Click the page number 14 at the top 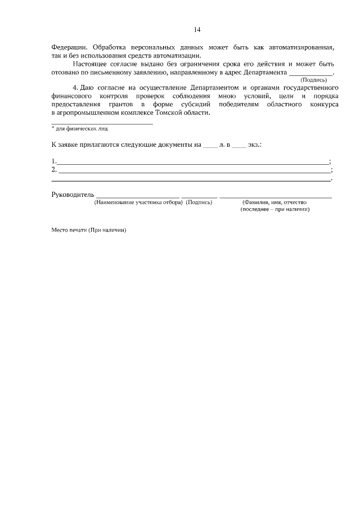tap(197, 29)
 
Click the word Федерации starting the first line tap(70, 47)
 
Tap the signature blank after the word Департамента tap(310, 73)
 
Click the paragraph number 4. tap(76, 88)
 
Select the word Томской tap(164, 113)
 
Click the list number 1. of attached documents tap(54, 161)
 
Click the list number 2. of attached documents tap(54, 169)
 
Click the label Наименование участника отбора tap(138, 202)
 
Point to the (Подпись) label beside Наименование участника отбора tap(199, 202)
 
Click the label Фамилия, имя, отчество tap(274, 202)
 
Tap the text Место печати tap(68, 230)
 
